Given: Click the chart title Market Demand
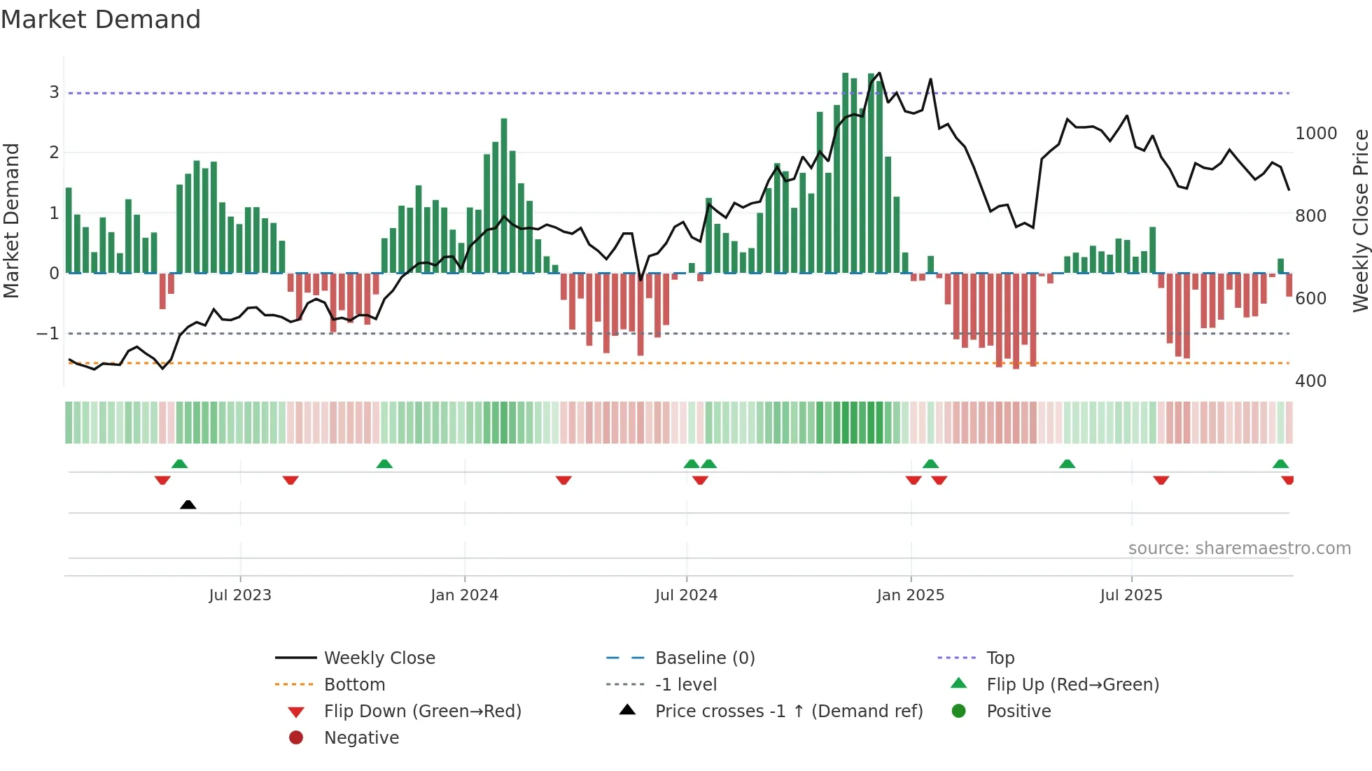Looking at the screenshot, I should (x=101, y=20).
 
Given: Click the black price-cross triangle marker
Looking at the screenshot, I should (x=188, y=504).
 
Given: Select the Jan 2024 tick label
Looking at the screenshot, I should (x=464, y=595).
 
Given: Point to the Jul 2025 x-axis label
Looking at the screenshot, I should (x=1130, y=595).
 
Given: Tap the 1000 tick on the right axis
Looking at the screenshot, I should (x=1315, y=134).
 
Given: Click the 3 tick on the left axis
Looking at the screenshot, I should (x=54, y=92).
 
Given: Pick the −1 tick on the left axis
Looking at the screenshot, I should (x=48, y=334).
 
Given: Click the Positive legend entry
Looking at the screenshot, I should (x=1018, y=712).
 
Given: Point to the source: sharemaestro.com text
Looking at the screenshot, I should (x=1239, y=549).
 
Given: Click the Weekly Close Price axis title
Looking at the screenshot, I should (x=1360, y=220).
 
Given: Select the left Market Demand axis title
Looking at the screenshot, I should (x=11, y=220).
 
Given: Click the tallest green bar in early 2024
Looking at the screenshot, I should (x=504, y=196).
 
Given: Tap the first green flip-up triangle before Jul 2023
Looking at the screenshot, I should (x=179, y=464).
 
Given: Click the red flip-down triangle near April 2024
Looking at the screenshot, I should (x=563, y=480).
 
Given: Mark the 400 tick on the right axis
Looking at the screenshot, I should (x=1310, y=381).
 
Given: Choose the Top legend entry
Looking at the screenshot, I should (x=1000, y=658).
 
